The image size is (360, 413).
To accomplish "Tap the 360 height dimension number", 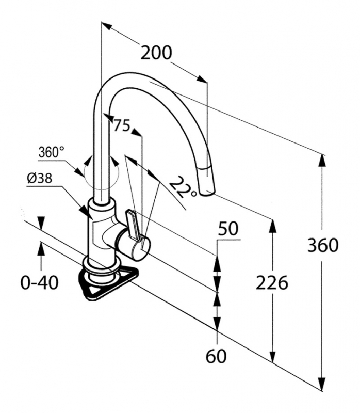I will coord(323,245).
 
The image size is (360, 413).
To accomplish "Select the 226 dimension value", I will coord(272,282).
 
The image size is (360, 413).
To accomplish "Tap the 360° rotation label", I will coord(52,152).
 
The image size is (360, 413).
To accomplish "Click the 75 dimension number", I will coord(122,125).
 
